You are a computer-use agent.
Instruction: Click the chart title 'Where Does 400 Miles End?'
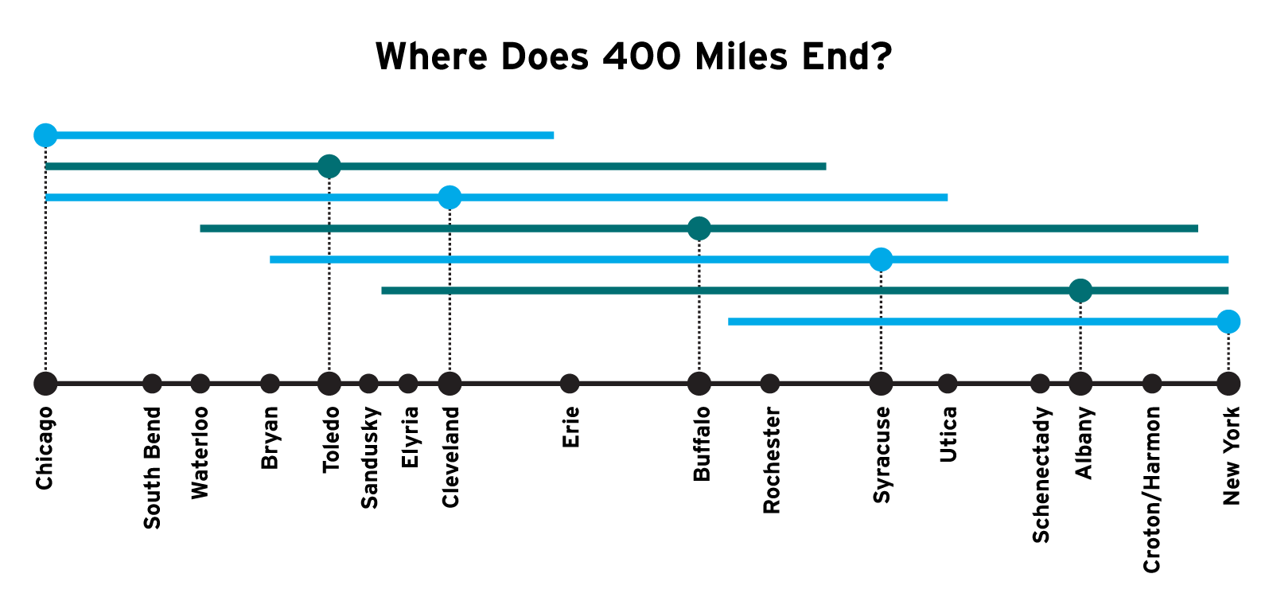633,57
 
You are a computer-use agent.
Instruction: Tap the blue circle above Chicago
45,135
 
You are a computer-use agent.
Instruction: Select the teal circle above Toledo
329,166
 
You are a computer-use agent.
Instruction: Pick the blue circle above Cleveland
450,197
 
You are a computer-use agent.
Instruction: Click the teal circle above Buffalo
699,228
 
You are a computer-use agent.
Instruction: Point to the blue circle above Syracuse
881,260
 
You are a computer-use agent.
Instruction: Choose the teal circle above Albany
1080,291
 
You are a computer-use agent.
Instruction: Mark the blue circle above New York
1228,322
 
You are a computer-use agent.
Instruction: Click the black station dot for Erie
570,384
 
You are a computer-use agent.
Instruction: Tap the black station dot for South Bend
152,384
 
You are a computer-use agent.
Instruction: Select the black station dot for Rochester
769,384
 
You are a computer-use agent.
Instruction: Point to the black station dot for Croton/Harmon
1152,384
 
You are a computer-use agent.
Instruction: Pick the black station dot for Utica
948,384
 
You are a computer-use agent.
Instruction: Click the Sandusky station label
369,457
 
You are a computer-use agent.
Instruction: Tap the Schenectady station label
1041,474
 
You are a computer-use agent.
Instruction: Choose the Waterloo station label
200,453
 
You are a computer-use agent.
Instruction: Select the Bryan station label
270,438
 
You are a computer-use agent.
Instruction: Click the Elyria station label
409,437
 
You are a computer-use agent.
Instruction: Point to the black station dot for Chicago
45,384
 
